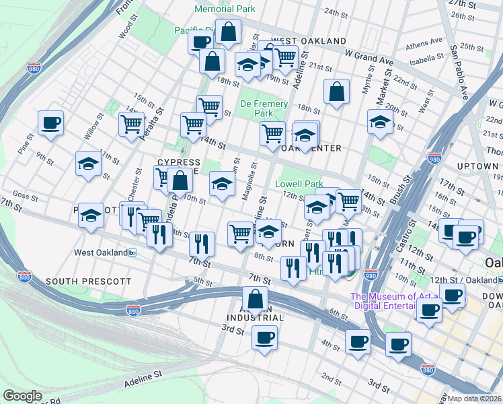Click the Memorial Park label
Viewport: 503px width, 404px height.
pos(225,9)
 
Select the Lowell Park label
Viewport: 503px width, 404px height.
pos(299,183)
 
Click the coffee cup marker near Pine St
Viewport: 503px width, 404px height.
pos(50,123)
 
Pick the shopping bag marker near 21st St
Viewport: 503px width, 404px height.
pos(336,92)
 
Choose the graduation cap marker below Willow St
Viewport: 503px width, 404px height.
pos(88,164)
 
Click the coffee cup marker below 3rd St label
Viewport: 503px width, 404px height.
pos(265,337)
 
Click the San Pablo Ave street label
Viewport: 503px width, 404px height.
pos(459,72)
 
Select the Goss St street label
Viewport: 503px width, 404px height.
pos(24,196)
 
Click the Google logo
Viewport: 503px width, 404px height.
pos(22,395)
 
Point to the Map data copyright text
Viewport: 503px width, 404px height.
pos(473,399)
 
